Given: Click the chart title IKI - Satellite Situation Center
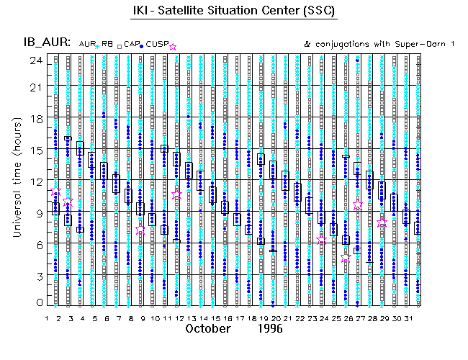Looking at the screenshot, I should pyautogui.click(x=234, y=13).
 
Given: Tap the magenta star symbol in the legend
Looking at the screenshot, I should pyautogui.click(x=172, y=45).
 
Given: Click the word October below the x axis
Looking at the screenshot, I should pyautogui.click(x=208, y=328).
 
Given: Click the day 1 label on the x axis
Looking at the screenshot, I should pyautogui.click(x=48, y=318).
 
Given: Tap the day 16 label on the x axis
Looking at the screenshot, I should pyautogui.click(x=227, y=318).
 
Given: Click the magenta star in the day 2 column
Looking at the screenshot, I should pyautogui.click(x=57, y=192).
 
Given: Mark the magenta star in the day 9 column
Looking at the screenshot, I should pyautogui.click(x=140, y=230).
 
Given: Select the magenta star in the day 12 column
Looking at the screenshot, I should pyautogui.click(x=177, y=195).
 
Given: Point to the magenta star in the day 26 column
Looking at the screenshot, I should pyautogui.click(x=346, y=256).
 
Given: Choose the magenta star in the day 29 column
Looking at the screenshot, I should pyautogui.click(x=382, y=223).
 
